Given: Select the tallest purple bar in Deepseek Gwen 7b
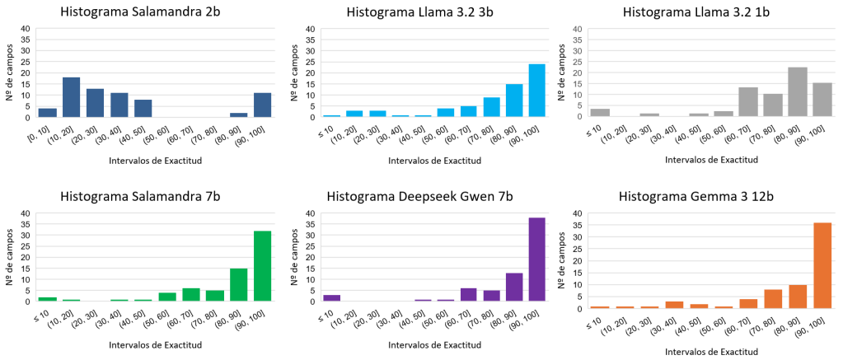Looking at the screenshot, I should [537, 259].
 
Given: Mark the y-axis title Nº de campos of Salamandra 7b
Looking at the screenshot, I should [12, 257].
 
